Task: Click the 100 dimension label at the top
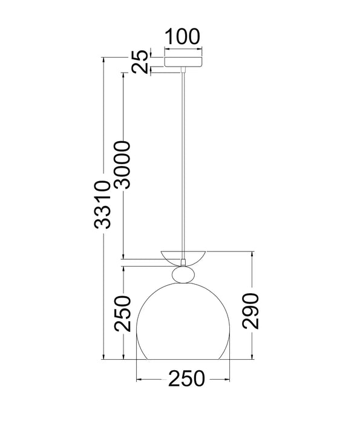coord(182,36)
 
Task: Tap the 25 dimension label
coord(140,62)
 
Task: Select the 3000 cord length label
coord(122,165)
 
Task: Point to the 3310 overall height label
coord(103,205)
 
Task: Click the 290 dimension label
coord(250,311)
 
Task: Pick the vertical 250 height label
coord(123,314)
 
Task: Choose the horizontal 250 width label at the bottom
coord(186,379)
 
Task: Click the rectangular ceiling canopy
coord(183,62)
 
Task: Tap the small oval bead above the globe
coord(183,275)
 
